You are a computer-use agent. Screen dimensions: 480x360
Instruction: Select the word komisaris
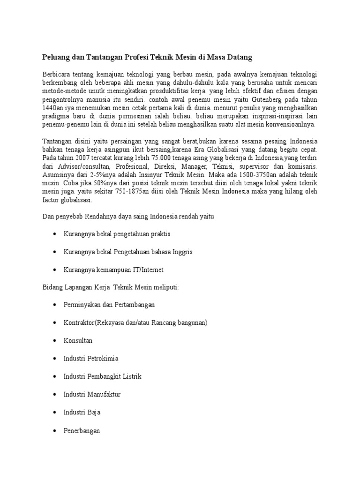(x=301, y=166)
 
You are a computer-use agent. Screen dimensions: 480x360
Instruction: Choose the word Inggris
(x=179, y=252)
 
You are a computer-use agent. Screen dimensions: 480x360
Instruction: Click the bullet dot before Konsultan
(x=56, y=340)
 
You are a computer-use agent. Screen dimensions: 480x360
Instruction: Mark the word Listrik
(x=132, y=376)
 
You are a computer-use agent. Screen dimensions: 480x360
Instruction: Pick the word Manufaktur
(x=103, y=395)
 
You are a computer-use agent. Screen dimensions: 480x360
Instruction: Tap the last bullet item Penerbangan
(x=82, y=431)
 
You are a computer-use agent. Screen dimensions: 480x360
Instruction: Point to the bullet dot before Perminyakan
(x=56, y=305)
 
